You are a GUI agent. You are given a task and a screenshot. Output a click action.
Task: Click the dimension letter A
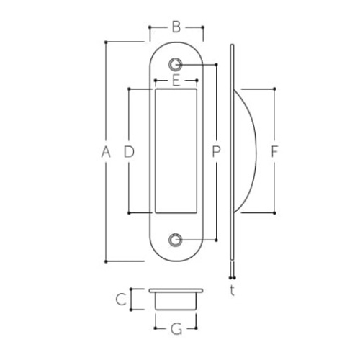106,152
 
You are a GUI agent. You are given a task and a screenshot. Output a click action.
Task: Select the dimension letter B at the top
176,28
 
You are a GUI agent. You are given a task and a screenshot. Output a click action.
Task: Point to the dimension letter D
130,152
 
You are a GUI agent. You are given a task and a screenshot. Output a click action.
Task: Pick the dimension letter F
274,152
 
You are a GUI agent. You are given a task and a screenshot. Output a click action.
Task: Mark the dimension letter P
215,152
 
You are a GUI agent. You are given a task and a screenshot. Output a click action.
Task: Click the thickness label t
232,290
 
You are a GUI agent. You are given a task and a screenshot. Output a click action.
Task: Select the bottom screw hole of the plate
176,239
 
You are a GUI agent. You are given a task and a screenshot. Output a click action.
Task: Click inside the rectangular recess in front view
176,151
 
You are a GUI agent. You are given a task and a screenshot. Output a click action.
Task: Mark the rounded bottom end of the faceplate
176,254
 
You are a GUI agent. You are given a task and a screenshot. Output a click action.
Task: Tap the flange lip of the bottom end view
176,290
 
